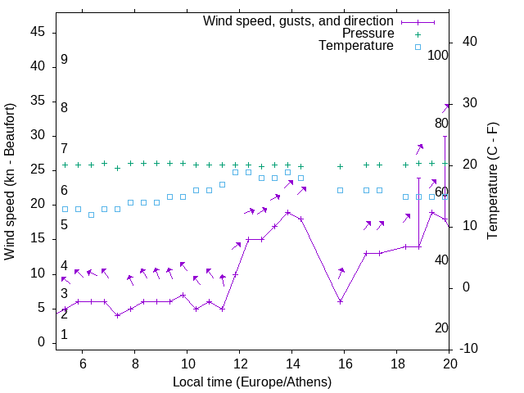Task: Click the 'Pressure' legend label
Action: [368, 34]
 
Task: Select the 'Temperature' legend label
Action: [356, 46]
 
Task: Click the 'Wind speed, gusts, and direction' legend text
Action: [299, 20]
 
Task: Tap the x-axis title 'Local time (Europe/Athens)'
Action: [252, 382]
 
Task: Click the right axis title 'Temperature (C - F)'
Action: [492, 182]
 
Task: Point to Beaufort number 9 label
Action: [64, 60]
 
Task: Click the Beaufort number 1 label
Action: [64, 335]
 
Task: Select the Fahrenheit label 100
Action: [438, 55]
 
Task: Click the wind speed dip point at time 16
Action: [341, 301]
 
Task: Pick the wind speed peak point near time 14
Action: [288, 212]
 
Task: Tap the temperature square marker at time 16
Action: [341, 190]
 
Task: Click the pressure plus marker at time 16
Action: [341, 166]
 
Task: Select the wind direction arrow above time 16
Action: [341, 273]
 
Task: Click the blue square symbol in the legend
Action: [418, 47]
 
